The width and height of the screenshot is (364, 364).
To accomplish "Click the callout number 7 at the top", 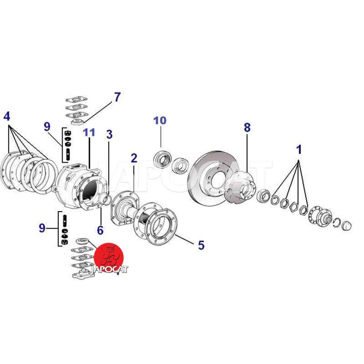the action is pyautogui.click(x=117, y=97).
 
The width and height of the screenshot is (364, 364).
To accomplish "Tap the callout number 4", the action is pyautogui.click(x=7, y=116).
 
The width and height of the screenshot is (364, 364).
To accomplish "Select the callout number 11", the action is pyautogui.click(x=89, y=132).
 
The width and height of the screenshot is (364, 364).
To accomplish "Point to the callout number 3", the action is pyautogui.click(x=109, y=134).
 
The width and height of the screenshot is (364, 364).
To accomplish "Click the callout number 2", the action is pyautogui.click(x=134, y=158).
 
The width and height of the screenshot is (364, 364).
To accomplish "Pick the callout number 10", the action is pyautogui.click(x=160, y=121).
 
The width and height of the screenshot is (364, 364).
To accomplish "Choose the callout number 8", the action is pyautogui.click(x=247, y=128).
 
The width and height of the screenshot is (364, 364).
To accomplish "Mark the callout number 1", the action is pyautogui.click(x=299, y=149).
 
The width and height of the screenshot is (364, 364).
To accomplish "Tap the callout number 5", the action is pyautogui.click(x=201, y=245).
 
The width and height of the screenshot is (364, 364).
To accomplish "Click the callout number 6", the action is pyautogui.click(x=100, y=230).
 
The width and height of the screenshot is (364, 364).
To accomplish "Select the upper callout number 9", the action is pyautogui.click(x=47, y=127).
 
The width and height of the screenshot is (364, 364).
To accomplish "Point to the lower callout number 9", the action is pyautogui.click(x=42, y=228).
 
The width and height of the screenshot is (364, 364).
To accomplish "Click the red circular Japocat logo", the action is pyautogui.click(x=109, y=257).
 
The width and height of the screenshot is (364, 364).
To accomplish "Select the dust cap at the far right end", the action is pyautogui.click(x=347, y=226).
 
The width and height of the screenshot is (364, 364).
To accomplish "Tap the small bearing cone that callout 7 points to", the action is pyautogui.click(x=77, y=122).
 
